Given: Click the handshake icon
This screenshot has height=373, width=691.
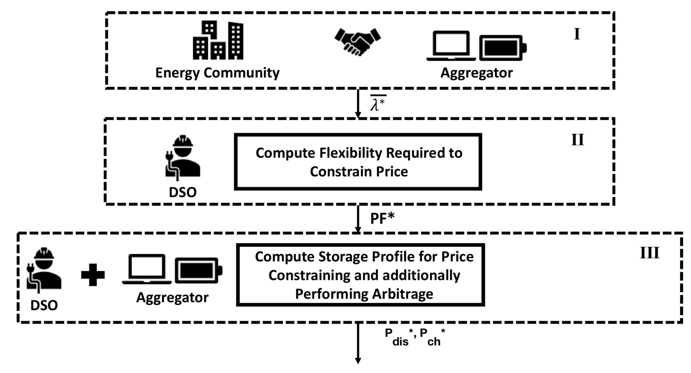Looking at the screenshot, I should pos(357,42).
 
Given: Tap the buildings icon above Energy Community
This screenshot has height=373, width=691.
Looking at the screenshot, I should pos(218,40).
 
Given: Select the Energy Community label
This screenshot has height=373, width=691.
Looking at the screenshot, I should pos(217,73).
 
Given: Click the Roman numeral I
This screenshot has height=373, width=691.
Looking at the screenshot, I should pos(577,34).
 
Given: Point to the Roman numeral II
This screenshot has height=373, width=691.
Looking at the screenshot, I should pos(577,140).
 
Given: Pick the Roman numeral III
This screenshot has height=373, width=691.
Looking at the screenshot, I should pos(649,253).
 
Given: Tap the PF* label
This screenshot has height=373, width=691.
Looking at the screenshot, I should pos(382,218).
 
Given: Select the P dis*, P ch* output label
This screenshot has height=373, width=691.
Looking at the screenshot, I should pos(415,337).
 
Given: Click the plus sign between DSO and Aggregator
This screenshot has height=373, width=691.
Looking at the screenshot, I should pos(93,275).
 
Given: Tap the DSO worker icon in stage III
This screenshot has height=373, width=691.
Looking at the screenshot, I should pos(44,269).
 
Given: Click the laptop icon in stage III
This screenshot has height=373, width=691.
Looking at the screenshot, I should pos(147,269).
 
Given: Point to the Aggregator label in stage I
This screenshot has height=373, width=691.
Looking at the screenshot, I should pos(476,73).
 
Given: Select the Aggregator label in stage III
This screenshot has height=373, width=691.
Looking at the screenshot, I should pos(172,298).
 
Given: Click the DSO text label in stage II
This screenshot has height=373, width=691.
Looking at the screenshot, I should pos(183,192).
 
